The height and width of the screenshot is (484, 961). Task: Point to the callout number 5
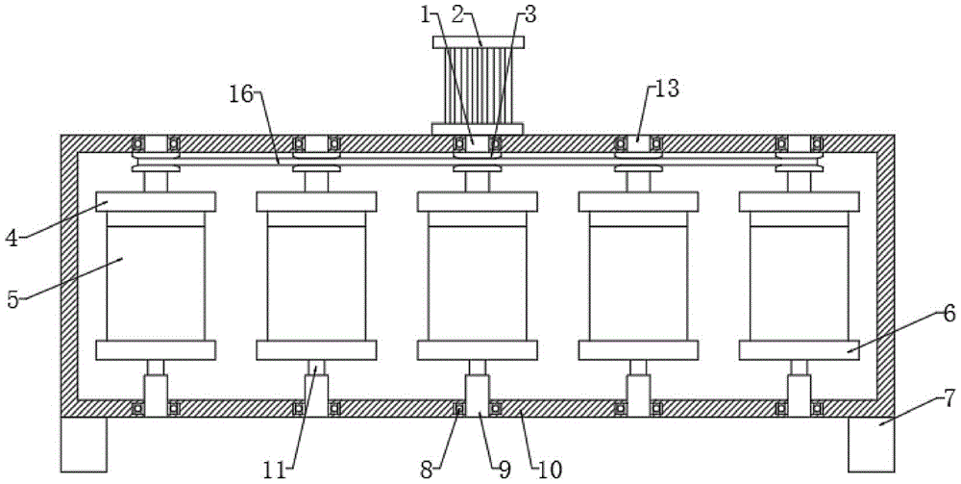[x=13, y=298]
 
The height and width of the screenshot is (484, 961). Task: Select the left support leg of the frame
[x=83, y=444]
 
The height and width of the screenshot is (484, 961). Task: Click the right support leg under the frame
[x=872, y=444]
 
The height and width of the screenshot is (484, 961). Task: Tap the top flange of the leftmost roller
[x=156, y=202]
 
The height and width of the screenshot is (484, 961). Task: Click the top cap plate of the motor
[x=478, y=42]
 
